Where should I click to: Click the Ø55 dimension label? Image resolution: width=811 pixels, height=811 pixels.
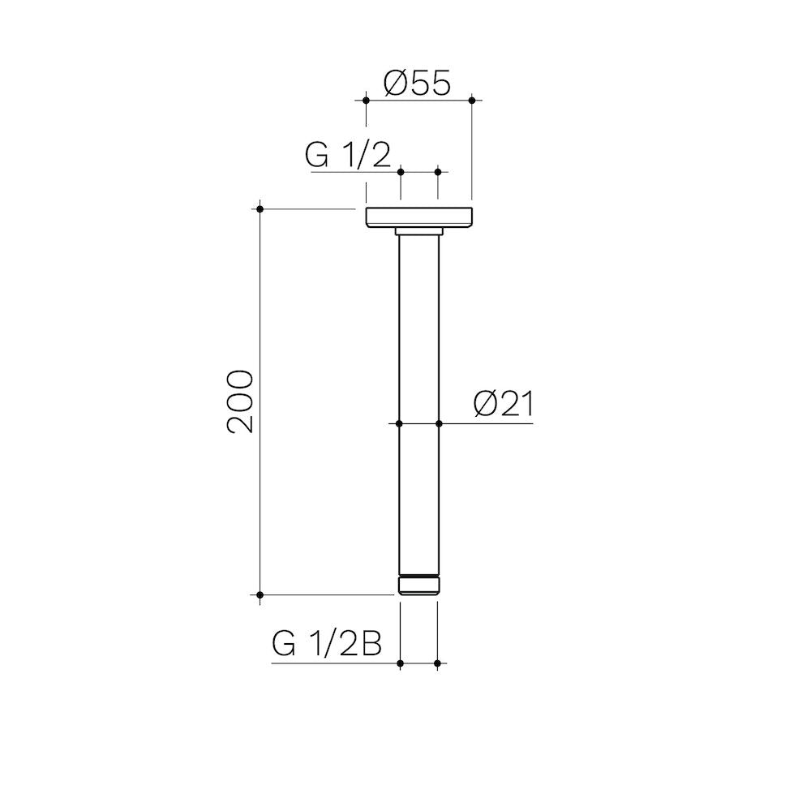(417, 83)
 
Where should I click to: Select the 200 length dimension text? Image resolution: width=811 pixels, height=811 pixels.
(241, 401)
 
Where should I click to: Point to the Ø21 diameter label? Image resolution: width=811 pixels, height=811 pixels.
(504, 404)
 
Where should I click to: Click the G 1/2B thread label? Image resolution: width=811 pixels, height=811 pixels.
(327, 645)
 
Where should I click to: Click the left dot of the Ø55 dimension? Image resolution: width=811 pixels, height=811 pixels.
(367, 101)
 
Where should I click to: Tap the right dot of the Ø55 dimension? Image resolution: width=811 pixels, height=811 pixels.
(472, 101)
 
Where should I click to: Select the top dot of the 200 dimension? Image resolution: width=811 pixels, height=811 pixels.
(260, 209)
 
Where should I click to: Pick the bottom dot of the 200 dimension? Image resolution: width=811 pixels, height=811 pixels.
(260, 595)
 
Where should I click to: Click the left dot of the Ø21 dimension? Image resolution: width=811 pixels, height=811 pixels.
(399, 423)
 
